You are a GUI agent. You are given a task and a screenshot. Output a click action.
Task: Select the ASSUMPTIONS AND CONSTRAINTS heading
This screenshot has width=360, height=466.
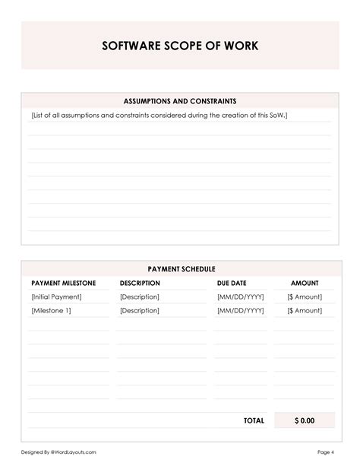[180, 100]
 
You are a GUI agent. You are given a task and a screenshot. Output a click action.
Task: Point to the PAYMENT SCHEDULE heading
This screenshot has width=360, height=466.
[181, 269]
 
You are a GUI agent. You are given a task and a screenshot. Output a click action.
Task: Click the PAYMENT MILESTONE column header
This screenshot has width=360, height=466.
[63, 283]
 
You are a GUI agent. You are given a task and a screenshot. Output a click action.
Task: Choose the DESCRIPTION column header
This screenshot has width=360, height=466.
[140, 283]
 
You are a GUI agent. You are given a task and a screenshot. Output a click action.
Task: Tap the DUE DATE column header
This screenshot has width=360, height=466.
[232, 283]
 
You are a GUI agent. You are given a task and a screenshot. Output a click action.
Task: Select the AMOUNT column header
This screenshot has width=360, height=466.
[305, 283]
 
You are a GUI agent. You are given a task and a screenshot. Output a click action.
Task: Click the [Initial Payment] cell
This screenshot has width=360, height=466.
[56, 296]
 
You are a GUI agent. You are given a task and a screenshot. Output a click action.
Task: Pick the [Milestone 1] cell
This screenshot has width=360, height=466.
[52, 310]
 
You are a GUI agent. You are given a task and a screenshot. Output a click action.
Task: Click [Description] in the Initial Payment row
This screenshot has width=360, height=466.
[139, 296]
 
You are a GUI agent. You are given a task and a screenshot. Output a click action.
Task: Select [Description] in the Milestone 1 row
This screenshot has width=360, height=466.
[139, 310]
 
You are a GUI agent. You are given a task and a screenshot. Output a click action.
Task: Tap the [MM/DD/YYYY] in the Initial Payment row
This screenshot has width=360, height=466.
[240, 296]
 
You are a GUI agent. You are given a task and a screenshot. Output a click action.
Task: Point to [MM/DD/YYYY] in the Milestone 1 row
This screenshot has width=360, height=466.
[240, 310]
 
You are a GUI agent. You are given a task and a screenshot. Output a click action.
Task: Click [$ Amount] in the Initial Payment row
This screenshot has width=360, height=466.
[305, 296]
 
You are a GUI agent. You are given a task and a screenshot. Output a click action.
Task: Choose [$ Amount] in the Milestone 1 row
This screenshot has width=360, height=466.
[305, 310]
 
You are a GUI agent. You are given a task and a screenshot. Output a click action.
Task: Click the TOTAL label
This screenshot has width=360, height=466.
[254, 420]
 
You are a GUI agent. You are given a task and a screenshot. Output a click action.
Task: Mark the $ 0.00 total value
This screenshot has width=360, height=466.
[304, 420]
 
